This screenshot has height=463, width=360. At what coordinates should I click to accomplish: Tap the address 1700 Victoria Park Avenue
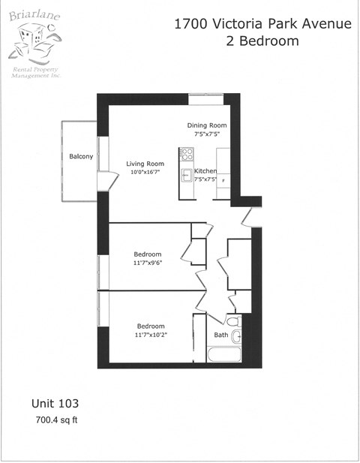click(x=262, y=24)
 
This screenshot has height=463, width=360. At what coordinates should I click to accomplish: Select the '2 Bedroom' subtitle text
click(x=262, y=41)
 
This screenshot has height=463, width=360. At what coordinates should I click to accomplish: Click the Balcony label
click(x=81, y=156)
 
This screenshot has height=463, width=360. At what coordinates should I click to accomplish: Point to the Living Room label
click(x=145, y=164)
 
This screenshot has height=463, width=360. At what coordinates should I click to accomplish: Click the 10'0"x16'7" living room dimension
click(x=145, y=173)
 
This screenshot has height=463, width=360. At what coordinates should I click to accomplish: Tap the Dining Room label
click(x=207, y=125)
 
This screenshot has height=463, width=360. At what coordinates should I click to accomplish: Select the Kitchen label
click(x=205, y=171)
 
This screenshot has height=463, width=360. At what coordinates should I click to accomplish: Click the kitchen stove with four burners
click(x=187, y=154)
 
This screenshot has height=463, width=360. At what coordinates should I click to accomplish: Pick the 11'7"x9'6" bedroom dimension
click(x=148, y=263)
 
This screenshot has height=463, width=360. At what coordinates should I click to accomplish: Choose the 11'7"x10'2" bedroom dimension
click(x=150, y=335)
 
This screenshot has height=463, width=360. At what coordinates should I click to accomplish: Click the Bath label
click(x=221, y=335)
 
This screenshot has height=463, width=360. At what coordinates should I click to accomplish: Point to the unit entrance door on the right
click(x=246, y=215)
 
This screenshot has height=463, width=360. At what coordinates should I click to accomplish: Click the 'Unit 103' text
click(x=55, y=403)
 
